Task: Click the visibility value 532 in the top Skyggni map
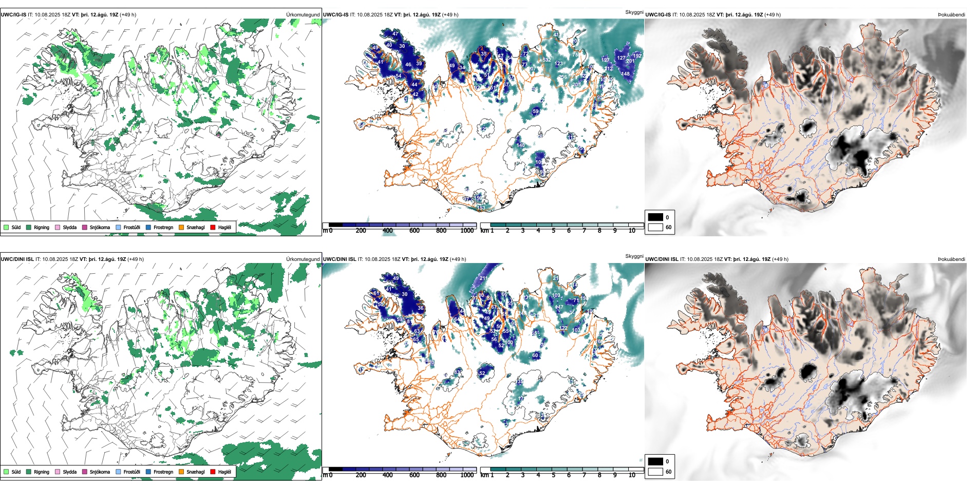pos(547,60)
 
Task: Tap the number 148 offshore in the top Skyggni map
pos(625,74)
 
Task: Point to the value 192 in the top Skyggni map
pos(637,56)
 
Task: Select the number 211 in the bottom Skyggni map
pos(483,278)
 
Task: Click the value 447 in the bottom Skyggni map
pos(559,308)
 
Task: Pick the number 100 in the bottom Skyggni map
pos(509,343)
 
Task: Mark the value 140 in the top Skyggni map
pos(521,145)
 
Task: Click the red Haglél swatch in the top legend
pos(213,227)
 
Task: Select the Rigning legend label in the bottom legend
pos(42,472)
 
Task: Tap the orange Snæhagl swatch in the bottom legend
pos(181,472)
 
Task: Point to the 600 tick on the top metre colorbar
pos(415,231)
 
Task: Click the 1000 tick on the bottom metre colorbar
pos(467,475)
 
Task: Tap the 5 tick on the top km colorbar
pos(553,231)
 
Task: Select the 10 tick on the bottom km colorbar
pos(632,475)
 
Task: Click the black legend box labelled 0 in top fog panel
pos(655,217)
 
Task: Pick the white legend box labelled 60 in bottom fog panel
pos(655,472)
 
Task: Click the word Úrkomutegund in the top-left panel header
pos(303,15)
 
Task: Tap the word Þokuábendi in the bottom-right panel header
pos(951,259)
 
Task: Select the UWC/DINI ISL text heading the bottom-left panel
pos(17,259)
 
